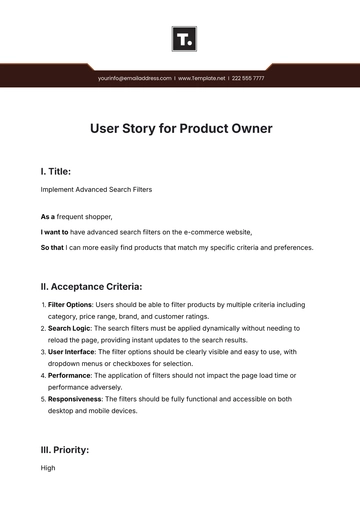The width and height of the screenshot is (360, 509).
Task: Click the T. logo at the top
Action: [184, 40]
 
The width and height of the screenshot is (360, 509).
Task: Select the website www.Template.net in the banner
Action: [201, 77]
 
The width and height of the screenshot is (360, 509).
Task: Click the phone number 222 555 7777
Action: [248, 77]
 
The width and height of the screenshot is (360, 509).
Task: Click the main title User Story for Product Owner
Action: [180, 129]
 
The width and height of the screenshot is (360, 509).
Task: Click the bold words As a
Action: [48, 217]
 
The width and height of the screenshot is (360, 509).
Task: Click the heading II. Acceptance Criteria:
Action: [104, 285]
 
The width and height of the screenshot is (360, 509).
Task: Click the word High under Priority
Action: [48, 467]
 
